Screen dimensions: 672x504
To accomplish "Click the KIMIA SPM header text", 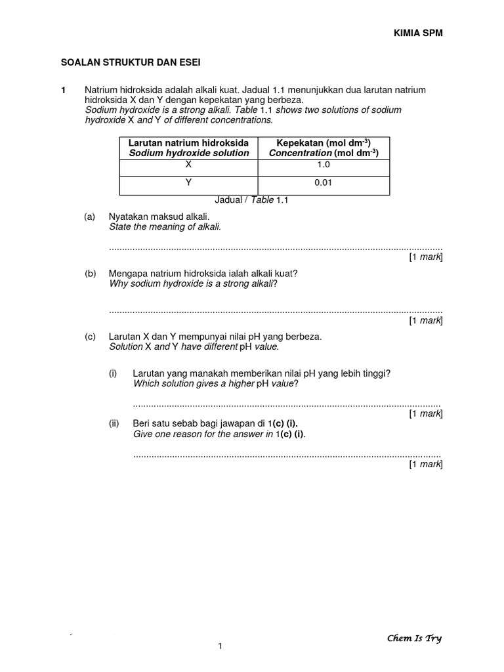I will [x=413, y=33].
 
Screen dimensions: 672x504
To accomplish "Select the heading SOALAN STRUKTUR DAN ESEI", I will [x=131, y=62].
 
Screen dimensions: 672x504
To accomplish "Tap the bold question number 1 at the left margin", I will [x=63, y=90].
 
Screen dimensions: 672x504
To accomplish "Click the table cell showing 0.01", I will [x=324, y=184].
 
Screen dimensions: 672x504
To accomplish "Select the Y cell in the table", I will [x=188, y=184].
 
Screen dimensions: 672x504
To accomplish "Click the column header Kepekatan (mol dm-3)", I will [x=324, y=148].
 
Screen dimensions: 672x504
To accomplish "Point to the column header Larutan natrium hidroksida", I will [x=188, y=142].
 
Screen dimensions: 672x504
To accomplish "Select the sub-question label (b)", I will [x=90, y=273].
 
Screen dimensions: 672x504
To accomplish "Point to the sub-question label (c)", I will [x=90, y=337].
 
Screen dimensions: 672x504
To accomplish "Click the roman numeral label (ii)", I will [x=114, y=424].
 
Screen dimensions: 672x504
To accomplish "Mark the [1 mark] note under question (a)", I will [x=426, y=257].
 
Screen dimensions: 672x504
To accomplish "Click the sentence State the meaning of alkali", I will [x=165, y=227].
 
